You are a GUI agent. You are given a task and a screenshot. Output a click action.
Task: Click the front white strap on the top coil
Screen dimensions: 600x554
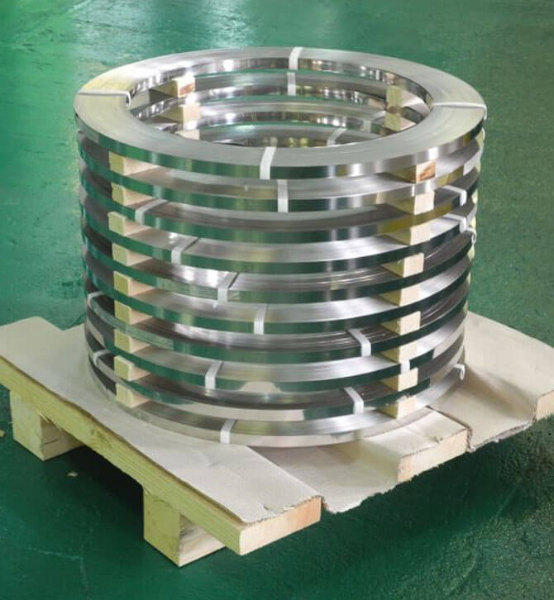(x=268, y=161)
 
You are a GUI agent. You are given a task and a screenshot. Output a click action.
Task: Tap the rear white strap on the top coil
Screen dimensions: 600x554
(x=295, y=58)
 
